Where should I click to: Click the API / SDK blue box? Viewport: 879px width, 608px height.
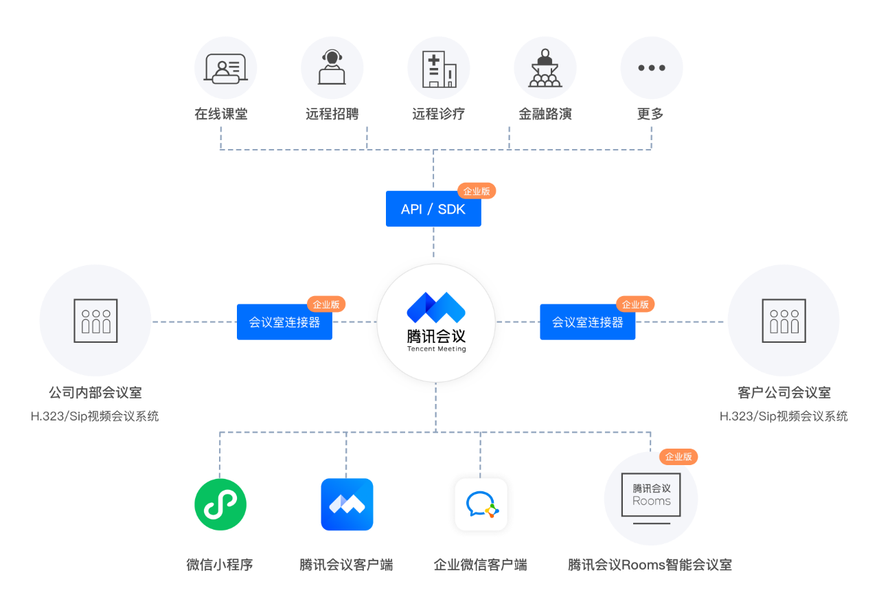pyautogui.click(x=433, y=209)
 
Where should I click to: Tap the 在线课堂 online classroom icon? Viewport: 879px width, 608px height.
pyautogui.click(x=226, y=68)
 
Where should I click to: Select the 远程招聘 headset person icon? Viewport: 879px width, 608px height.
pyautogui.click(x=332, y=67)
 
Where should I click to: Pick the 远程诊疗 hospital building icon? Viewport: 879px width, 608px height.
pyautogui.click(x=439, y=69)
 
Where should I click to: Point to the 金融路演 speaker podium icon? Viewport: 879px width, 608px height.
pyautogui.click(x=545, y=68)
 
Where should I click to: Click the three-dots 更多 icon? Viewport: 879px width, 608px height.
pyautogui.click(x=652, y=68)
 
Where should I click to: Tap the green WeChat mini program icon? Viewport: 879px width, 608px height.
pyautogui.click(x=220, y=504)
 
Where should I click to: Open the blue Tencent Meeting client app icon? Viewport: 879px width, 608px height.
pyautogui.click(x=347, y=504)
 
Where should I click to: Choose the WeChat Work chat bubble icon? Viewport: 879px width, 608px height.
pyautogui.click(x=481, y=504)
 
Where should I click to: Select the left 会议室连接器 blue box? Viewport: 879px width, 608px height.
pyautogui.click(x=284, y=322)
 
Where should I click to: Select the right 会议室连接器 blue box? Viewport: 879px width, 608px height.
pyautogui.click(x=587, y=322)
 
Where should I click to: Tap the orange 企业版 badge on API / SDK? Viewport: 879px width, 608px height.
pyautogui.click(x=477, y=191)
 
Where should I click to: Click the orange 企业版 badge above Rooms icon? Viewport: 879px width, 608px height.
pyautogui.click(x=678, y=456)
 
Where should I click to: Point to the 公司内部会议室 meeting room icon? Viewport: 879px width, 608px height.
pyautogui.click(x=95, y=321)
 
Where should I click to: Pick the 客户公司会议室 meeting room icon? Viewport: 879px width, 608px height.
pyautogui.click(x=784, y=321)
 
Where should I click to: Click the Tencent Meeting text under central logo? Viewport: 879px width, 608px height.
pyautogui.click(x=436, y=348)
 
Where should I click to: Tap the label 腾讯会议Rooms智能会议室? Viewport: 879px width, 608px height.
pyautogui.click(x=650, y=565)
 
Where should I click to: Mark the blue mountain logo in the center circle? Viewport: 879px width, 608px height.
pyautogui.click(x=436, y=307)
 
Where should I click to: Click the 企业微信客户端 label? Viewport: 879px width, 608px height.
pyautogui.click(x=480, y=565)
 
